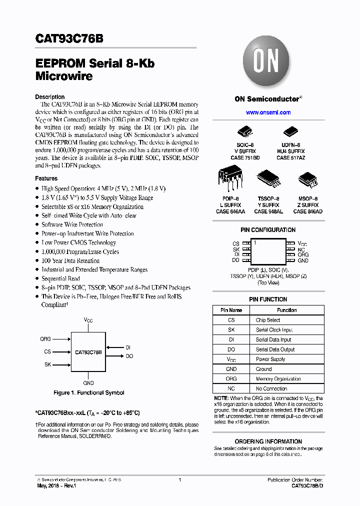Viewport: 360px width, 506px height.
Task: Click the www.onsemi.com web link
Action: point(268,112)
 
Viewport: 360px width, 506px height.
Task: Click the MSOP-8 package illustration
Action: point(307,180)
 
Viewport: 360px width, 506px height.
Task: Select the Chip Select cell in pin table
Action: point(268,320)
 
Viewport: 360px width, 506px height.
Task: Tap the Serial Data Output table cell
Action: point(275,349)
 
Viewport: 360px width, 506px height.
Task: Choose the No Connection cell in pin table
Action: point(271,388)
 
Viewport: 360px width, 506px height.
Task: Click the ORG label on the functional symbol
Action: point(45,339)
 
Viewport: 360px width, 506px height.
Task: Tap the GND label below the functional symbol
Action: point(88,383)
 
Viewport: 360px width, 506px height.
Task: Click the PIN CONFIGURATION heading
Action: point(268,230)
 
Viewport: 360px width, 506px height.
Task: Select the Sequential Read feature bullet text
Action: point(60,278)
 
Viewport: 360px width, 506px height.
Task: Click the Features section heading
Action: point(46,178)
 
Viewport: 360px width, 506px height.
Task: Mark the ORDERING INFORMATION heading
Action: point(268,441)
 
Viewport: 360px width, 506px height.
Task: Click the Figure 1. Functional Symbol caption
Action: point(89,393)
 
